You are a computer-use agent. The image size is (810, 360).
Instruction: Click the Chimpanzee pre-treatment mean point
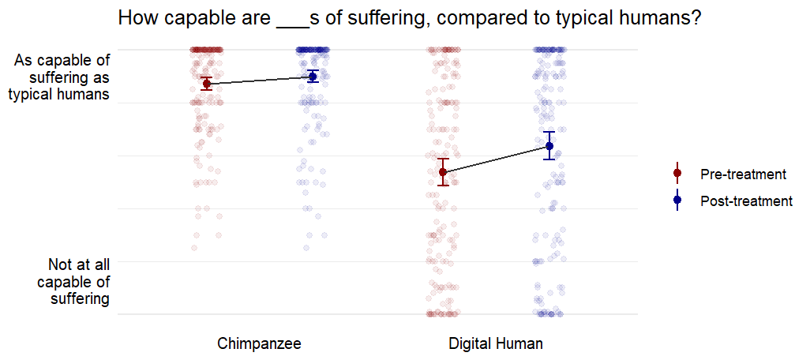(x=207, y=84)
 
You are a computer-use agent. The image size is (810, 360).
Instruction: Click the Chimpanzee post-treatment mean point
(x=313, y=77)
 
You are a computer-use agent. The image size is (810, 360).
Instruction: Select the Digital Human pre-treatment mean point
(x=444, y=172)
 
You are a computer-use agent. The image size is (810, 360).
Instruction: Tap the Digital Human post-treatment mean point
(x=549, y=146)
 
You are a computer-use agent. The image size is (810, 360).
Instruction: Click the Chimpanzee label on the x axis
(x=259, y=344)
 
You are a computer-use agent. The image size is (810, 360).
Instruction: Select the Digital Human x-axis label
(x=496, y=344)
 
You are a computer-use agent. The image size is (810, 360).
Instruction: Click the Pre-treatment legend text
(x=743, y=174)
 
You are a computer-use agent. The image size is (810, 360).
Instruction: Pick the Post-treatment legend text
(x=746, y=201)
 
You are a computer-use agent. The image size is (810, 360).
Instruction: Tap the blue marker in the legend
(x=677, y=201)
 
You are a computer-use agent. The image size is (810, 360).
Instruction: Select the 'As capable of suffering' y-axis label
(x=61, y=77)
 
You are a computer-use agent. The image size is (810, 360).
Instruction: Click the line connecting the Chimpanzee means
(x=260, y=80)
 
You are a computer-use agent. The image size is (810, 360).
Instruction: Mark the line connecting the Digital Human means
(x=497, y=159)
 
